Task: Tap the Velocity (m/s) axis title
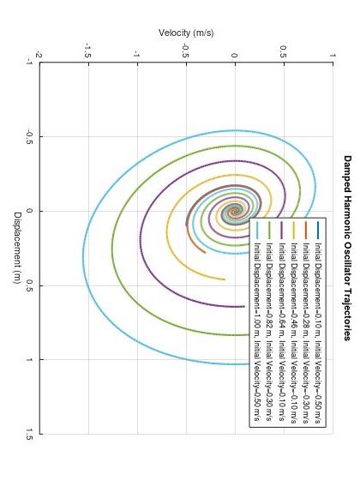coord(186,33)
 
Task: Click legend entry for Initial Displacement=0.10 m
coord(317,325)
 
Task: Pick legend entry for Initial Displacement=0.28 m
coord(305,325)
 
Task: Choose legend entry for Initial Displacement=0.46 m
coord(293,325)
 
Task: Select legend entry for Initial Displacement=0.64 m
coord(281,325)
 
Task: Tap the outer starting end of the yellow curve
coord(225,279)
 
